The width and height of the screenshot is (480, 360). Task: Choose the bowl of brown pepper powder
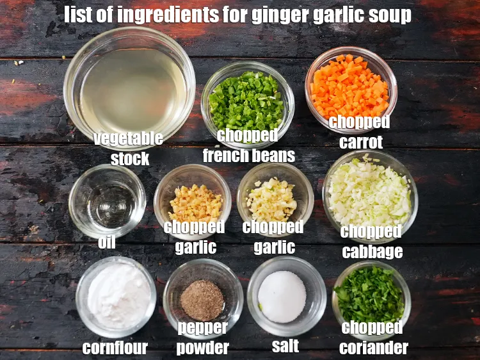(x=202, y=299)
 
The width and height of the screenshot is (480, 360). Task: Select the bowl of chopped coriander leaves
(x=371, y=295)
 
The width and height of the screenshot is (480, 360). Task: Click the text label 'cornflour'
(x=115, y=348)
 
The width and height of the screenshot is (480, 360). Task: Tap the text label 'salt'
(x=285, y=347)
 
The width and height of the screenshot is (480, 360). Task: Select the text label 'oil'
(x=107, y=244)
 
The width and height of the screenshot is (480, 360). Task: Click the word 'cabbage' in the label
(x=372, y=251)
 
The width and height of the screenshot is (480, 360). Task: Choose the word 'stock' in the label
(x=130, y=158)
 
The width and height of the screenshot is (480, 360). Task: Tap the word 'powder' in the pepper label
(x=202, y=348)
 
